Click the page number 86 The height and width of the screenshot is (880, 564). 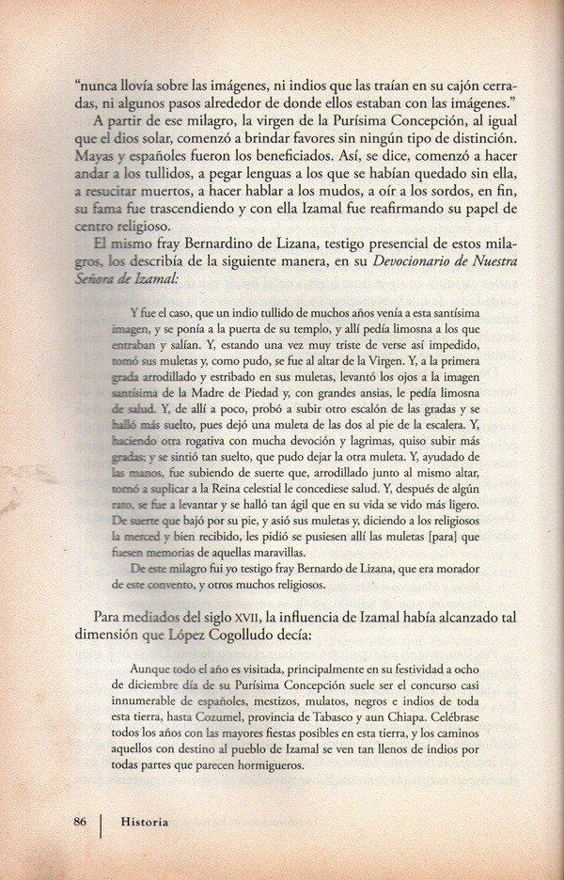(79, 821)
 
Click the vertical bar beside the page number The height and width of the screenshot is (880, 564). (102, 823)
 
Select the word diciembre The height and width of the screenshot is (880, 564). (155, 686)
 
